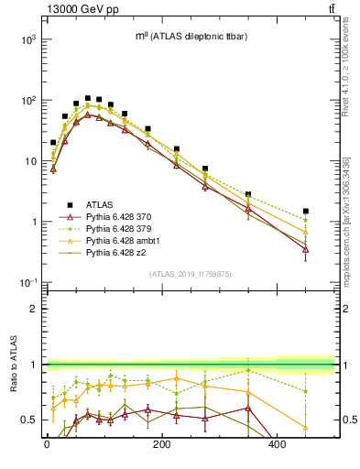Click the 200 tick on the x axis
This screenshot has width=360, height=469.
click(161, 444)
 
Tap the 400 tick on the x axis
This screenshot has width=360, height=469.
click(277, 444)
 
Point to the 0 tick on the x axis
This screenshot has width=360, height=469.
click(46, 444)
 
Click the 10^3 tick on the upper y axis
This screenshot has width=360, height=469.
click(29, 40)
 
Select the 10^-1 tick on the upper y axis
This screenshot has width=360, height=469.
click(28, 282)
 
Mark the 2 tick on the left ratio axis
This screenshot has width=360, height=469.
click(34, 309)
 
